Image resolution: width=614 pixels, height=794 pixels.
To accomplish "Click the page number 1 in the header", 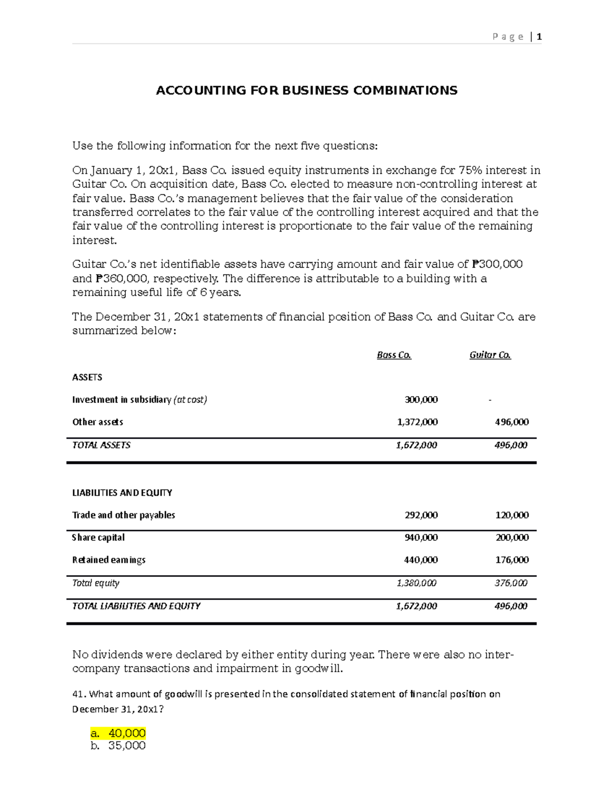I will coord(539,37).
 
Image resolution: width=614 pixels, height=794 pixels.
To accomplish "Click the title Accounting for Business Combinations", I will coord(306,90).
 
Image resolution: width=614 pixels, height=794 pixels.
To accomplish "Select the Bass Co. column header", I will coord(394,355).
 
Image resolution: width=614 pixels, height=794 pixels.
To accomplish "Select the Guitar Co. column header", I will coord(490,355).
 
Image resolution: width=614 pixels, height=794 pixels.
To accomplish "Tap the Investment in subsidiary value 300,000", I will coord(421,400).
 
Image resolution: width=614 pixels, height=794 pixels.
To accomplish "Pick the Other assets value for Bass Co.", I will coord(417,422).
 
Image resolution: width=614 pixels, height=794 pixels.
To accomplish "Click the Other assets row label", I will coord(98,422).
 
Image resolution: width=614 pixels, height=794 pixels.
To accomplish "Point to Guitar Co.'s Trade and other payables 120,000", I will coord(512,515).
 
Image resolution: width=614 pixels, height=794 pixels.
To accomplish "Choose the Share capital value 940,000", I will coord(421,538).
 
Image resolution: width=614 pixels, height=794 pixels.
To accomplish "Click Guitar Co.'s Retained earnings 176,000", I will coord(512,560).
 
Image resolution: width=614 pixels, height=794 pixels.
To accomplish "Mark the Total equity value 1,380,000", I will coord(416,583).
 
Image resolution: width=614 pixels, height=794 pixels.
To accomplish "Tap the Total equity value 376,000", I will coord(511,583).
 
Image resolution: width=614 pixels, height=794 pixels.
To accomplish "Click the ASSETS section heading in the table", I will coord(87,377).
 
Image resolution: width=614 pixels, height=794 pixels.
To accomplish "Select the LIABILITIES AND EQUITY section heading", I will coord(122,493).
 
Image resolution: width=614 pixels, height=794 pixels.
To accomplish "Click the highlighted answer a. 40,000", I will coord(118,733).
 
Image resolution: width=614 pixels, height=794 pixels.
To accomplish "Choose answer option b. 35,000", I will coord(118,746).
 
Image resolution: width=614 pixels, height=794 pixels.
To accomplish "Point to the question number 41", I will coord(78,694).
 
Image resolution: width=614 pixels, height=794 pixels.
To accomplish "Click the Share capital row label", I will coord(98,538).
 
